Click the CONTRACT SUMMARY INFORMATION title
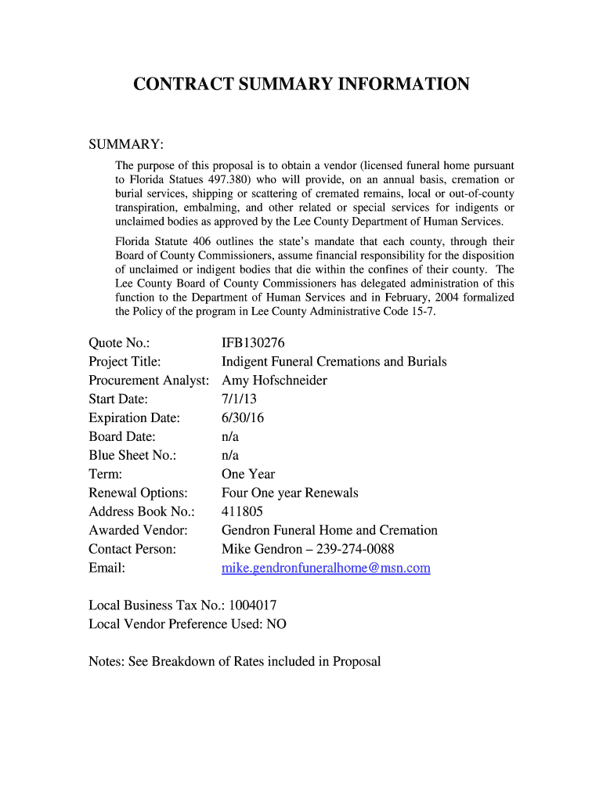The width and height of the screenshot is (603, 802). point(301,85)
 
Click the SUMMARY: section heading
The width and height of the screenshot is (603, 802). point(126,145)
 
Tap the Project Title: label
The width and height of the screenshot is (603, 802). point(125,361)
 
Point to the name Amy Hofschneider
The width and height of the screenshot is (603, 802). point(274,380)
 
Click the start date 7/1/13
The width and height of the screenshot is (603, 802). point(240,399)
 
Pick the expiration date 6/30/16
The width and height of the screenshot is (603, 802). point(243,417)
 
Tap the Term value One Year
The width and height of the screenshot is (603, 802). point(248,474)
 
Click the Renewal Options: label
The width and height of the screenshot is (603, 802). point(138,493)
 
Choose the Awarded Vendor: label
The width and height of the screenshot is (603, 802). point(138,530)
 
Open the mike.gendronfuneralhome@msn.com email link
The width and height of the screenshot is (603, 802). point(326,568)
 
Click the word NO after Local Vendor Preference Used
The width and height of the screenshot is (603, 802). point(276,624)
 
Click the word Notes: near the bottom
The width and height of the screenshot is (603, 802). point(107,662)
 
